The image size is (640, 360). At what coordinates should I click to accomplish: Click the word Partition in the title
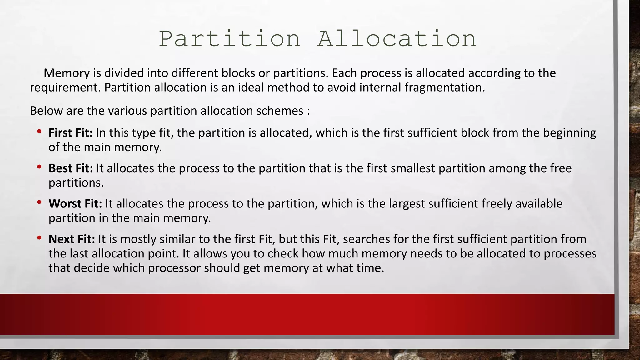[x=230, y=39]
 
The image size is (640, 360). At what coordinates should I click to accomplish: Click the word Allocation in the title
[x=397, y=39]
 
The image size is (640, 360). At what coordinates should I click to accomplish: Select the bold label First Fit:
[x=71, y=133]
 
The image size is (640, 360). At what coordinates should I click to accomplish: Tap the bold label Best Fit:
[x=71, y=168]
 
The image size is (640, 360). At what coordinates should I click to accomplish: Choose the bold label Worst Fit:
[x=75, y=204]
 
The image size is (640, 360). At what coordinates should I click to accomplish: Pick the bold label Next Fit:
[x=72, y=239]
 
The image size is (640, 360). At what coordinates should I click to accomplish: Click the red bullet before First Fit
[x=39, y=132]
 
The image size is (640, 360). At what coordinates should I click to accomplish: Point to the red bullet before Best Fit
[x=39, y=167]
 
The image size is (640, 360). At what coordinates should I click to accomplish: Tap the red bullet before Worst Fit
[x=39, y=203]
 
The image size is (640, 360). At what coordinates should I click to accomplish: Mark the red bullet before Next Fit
[x=39, y=238]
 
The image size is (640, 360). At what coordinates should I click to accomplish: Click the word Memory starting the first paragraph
[x=67, y=73]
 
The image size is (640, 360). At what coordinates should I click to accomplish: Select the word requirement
[x=65, y=88]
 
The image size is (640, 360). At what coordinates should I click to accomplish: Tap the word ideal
[x=251, y=87]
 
